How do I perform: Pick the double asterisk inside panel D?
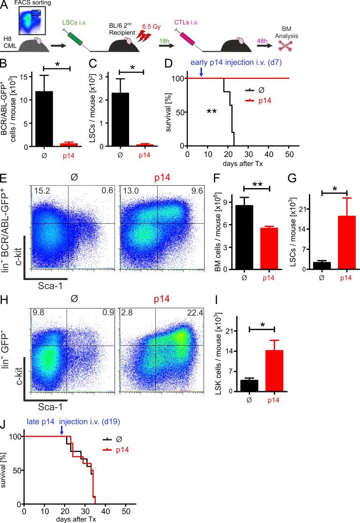pos(212,112)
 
